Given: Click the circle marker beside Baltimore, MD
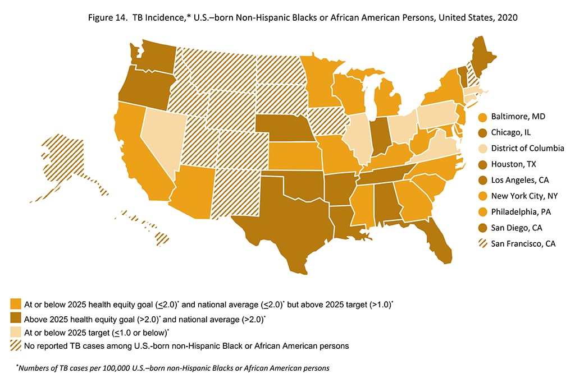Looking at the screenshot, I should [x=481, y=117].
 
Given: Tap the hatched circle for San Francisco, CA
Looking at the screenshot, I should [x=481, y=243].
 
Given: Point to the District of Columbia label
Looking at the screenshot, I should [x=527, y=149].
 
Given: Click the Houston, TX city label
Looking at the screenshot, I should [x=515, y=164].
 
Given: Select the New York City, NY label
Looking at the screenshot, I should [x=523, y=196].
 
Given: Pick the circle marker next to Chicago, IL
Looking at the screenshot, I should [x=481, y=133].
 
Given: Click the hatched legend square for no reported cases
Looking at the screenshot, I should [x=15, y=345].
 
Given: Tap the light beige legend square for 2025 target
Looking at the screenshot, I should [x=15, y=332].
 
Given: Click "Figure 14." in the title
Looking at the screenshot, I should [x=110, y=17].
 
